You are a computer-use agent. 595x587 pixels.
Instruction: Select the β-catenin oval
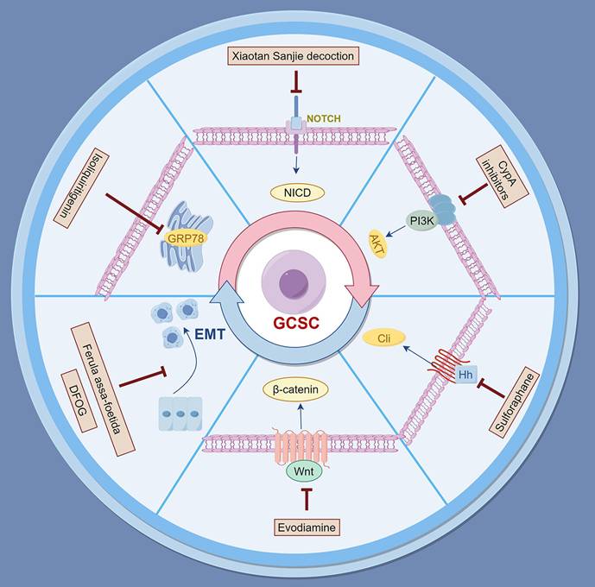tap(297, 391)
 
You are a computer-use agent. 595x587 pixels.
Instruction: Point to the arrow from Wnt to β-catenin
tap(299, 419)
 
